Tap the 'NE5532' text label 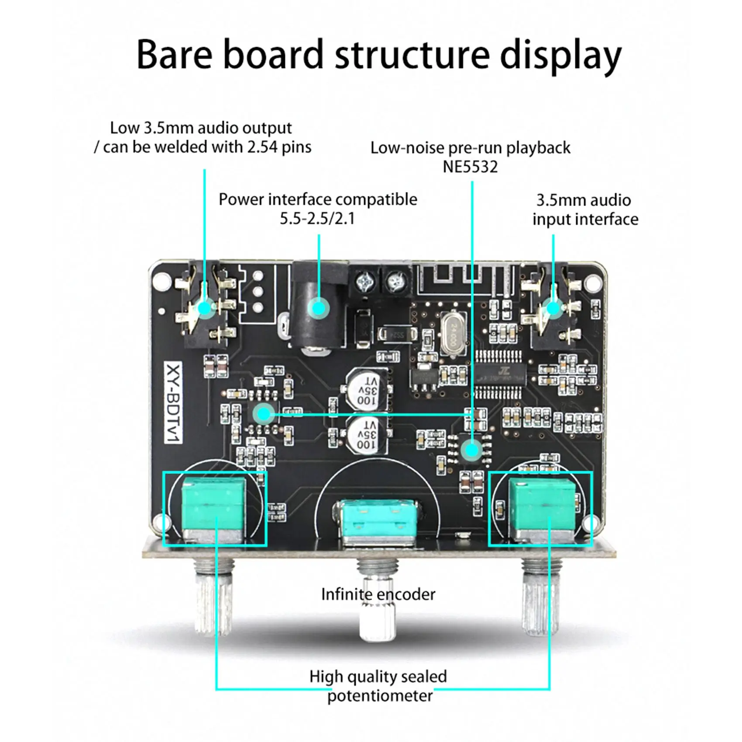pos(470,167)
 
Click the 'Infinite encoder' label pos(378,594)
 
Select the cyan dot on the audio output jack pos(204,308)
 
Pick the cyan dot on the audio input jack pos(553,308)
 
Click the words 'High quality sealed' pos(378,677)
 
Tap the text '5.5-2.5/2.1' pos(317,218)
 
